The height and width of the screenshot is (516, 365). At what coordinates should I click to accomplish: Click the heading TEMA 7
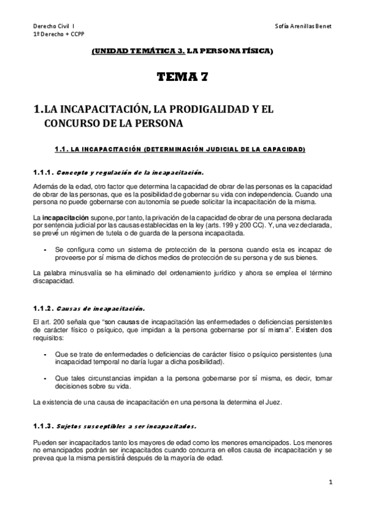click(182, 77)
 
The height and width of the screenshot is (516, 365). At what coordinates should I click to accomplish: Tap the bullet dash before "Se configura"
click(45, 250)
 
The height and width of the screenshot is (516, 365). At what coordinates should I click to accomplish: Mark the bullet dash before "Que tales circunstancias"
click(45, 378)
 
